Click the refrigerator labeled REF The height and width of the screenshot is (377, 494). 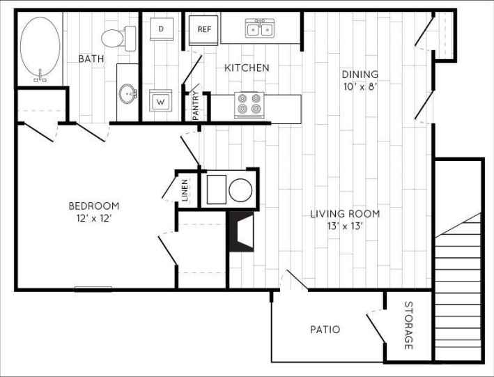click(x=204, y=29)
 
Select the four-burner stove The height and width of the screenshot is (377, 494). click(x=249, y=105)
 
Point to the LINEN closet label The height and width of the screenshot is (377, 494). click(x=185, y=190)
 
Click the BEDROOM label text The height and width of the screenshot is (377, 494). click(x=93, y=206)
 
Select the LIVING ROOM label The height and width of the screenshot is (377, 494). click(x=345, y=213)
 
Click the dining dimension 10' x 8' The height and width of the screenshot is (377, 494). click(x=360, y=86)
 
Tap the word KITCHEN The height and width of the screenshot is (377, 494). click(x=247, y=68)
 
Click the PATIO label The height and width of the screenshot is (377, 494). click(x=325, y=329)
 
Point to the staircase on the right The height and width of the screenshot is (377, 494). click(x=458, y=279)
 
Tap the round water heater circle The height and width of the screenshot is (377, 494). click(x=241, y=190)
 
